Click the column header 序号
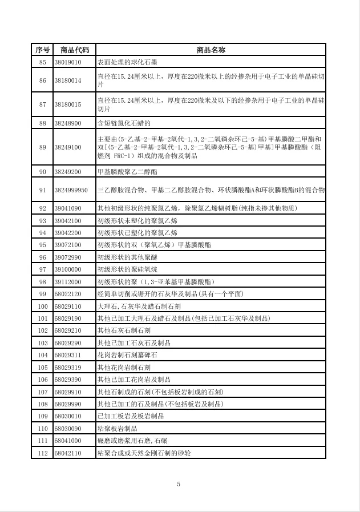pos(42,50)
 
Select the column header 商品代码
pos(74,50)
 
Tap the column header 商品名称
pos(211,50)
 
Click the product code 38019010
pos(68,62)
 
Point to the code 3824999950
pos(71,190)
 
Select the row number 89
pos(42,147)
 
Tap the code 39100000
pos(68,269)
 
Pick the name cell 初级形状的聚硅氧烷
pos(131,269)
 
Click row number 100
pos(42,306)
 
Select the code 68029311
pos(68,355)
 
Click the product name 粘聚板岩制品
pos(118,428)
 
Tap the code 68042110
pos(68,453)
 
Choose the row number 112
pos(42,453)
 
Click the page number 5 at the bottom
pos(179,484)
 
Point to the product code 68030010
pos(68,416)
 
